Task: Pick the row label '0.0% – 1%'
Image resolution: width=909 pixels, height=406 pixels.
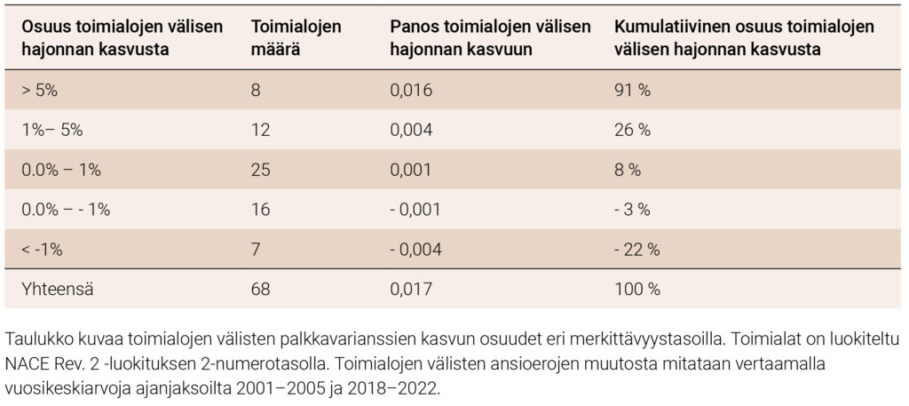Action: click(x=60, y=169)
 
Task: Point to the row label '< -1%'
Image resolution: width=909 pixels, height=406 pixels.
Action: click(x=42, y=249)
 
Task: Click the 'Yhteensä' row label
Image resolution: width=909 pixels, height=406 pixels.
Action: click(x=52, y=289)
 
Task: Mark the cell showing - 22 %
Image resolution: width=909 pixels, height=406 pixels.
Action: click(x=636, y=249)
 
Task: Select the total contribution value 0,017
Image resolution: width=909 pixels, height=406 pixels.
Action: click(x=410, y=289)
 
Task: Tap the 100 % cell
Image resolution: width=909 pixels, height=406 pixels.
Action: click(x=636, y=289)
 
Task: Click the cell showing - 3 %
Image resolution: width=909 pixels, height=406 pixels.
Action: click(x=632, y=209)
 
